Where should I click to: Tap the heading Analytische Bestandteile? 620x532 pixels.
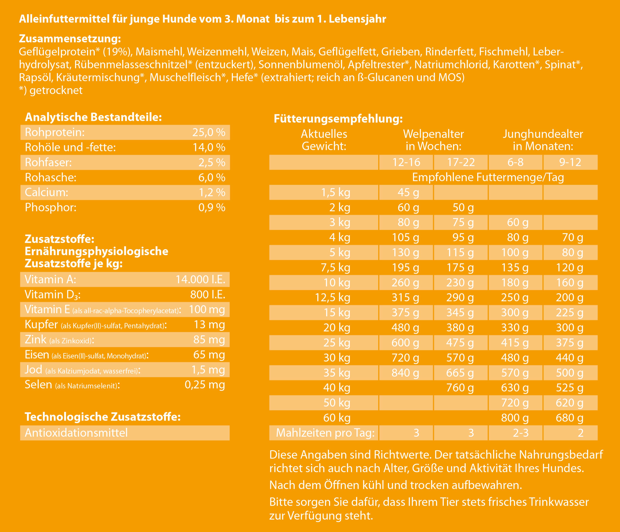pos(93,117)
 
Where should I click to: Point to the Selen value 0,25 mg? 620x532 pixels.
pos(205,385)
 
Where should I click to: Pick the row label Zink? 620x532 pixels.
pos(35,340)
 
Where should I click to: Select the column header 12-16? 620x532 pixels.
pos(406,162)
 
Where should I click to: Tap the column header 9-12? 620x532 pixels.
pos(570,162)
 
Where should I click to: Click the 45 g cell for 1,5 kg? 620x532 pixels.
pos(408,192)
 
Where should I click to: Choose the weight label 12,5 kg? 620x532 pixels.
pos(332,297)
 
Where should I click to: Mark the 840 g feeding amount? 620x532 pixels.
pos(405,373)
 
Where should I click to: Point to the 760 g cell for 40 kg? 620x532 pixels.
pos(460,388)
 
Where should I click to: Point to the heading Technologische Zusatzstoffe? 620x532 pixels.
pos(103,417)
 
